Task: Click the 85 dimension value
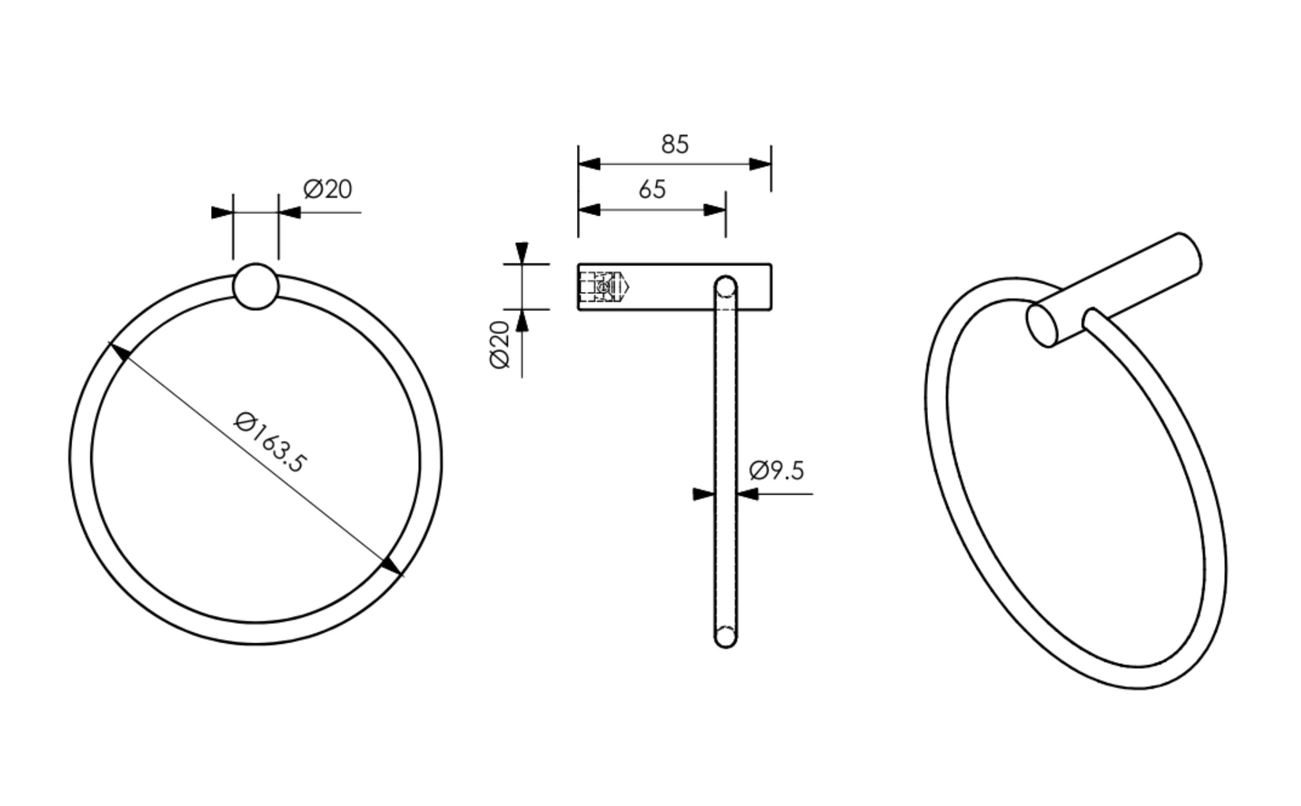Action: click(675, 144)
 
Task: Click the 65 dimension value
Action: click(652, 190)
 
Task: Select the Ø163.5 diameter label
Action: click(270, 442)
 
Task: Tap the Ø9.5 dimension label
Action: click(776, 470)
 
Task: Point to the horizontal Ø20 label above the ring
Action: click(327, 190)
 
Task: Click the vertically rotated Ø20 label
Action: click(500, 345)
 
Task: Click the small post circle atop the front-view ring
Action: click(255, 286)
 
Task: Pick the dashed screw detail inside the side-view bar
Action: click(604, 287)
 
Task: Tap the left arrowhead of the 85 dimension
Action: click(589, 164)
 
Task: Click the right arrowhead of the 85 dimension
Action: click(760, 164)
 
